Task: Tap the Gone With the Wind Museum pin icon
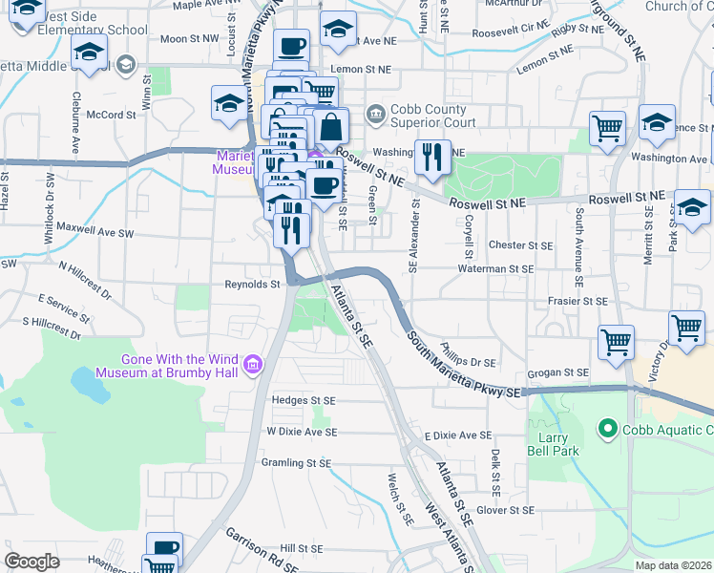coord(253,364)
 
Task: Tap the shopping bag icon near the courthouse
coord(330,127)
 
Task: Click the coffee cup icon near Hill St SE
coord(164,547)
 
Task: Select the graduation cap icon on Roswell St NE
coord(692,205)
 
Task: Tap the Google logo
coord(31,562)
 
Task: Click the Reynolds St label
coord(252,284)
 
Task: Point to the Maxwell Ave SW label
coord(94,230)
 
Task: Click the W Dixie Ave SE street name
coord(302,432)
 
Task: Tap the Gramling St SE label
coord(296,462)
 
